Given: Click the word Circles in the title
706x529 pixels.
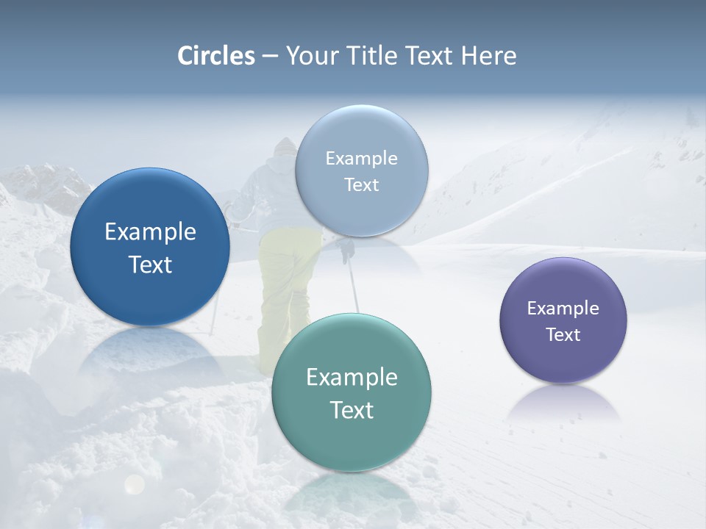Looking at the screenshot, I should pyautogui.click(x=216, y=56).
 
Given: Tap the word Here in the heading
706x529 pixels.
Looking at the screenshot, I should pyautogui.click(x=488, y=56).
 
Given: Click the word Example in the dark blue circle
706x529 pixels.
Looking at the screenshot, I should pyautogui.click(x=150, y=232).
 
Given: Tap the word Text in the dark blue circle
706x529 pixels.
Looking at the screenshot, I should pyautogui.click(x=150, y=264).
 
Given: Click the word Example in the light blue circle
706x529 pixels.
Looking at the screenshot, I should pyautogui.click(x=362, y=159).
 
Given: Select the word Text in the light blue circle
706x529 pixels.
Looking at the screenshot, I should pyautogui.click(x=362, y=185).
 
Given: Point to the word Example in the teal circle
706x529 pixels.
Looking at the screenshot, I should pyautogui.click(x=352, y=378).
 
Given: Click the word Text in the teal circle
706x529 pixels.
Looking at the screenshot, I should pyautogui.click(x=352, y=410).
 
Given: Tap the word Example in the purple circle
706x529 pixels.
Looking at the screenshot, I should pyautogui.click(x=563, y=309).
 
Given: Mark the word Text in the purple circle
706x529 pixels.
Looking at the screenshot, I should pyautogui.click(x=563, y=335).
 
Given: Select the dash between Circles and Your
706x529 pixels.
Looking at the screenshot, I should pyautogui.click(x=270, y=57).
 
